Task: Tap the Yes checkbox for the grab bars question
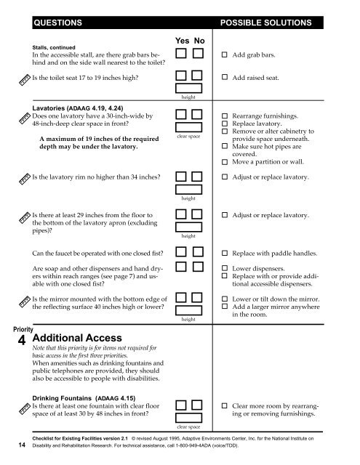181,54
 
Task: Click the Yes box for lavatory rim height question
181,178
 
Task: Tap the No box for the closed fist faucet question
199,253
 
